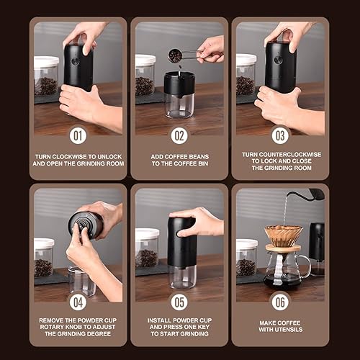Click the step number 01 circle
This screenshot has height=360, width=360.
point(78,135)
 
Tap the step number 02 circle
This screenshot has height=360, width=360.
point(179,135)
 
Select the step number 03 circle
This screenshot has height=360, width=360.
point(281,135)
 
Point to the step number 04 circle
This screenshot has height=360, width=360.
point(78,300)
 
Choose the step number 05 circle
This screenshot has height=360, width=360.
point(179,300)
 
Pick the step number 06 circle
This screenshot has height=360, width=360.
point(281,300)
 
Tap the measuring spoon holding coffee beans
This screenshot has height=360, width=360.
point(177,55)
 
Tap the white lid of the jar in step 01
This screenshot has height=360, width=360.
point(46,63)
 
